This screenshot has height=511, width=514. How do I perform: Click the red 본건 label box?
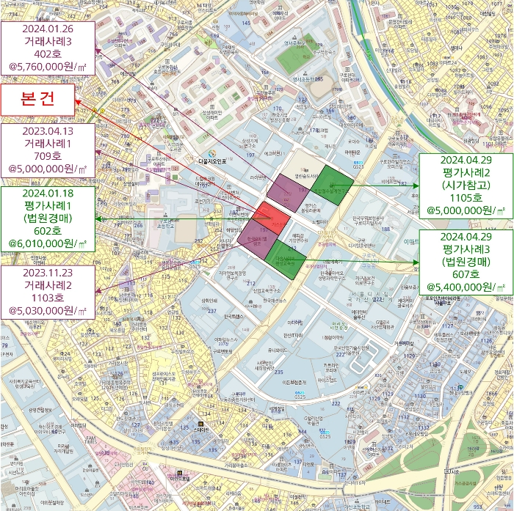[38, 100]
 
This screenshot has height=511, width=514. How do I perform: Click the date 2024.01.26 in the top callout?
[49, 30]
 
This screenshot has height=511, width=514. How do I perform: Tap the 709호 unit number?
[48, 155]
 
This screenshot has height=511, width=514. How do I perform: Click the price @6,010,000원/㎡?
[48, 243]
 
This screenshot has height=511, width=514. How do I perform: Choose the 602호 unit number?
[48, 230]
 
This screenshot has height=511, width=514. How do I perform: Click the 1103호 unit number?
[48, 297]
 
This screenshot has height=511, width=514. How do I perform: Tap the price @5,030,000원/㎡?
[48, 310]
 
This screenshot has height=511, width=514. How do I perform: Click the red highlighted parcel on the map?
[271, 218]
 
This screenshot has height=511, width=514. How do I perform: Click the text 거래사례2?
[48, 284]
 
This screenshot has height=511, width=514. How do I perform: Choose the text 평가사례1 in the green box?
[48, 205]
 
